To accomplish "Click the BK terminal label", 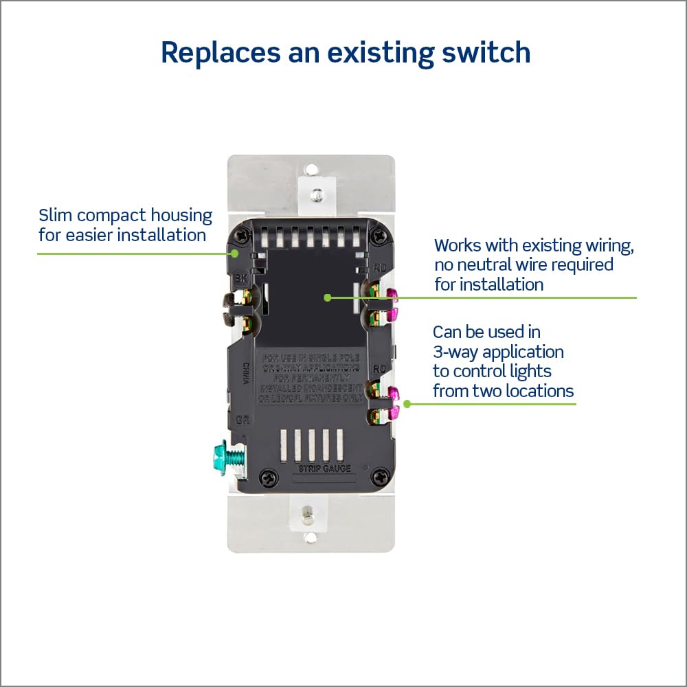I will pyautogui.click(x=240, y=278).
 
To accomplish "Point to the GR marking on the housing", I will pyautogui.click(x=241, y=418).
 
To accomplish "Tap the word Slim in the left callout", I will pyautogui.click(x=53, y=215).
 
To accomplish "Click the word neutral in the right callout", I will pyautogui.click(x=469, y=264).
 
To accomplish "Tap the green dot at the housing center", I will pyautogui.click(x=328, y=297).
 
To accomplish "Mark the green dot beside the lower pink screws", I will pyautogui.click(x=407, y=404).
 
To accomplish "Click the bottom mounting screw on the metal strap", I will pyautogui.click(x=309, y=512).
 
